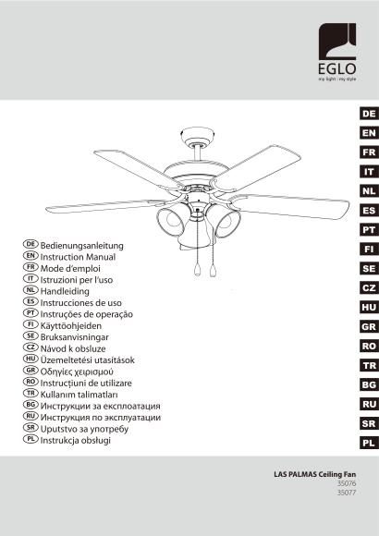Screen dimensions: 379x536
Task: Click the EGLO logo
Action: click(336, 52)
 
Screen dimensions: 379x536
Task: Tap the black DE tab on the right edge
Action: click(369, 114)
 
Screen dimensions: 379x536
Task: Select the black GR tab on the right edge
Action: click(369, 327)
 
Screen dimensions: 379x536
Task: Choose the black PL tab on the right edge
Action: click(369, 444)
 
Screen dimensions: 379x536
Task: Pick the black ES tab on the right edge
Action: click(369, 211)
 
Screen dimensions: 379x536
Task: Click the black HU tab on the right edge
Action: click(369, 308)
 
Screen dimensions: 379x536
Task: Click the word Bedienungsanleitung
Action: click(81, 246)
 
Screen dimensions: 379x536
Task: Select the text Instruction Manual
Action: click(78, 257)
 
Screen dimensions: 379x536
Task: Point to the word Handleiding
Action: click(65, 291)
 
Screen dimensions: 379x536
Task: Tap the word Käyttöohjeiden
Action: click(71, 326)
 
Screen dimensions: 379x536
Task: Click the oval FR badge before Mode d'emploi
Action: click(31, 267)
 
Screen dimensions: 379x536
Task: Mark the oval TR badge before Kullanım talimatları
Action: click(31, 393)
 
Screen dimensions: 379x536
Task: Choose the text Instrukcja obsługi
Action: click(75, 440)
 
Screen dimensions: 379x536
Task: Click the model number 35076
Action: click(347, 483)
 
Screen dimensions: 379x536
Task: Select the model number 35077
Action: click(347, 493)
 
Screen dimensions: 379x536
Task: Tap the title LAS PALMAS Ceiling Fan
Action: click(314, 474)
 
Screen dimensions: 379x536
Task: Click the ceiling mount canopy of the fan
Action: click(197, 136)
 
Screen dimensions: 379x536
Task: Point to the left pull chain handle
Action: click(197, 270)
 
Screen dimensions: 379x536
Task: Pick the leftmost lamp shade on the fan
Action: click(170, 222)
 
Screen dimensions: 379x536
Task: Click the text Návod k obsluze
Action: click(73, 348)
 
